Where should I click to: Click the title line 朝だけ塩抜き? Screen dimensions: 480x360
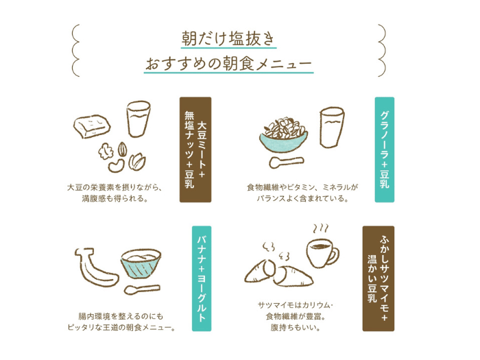click(228, 38)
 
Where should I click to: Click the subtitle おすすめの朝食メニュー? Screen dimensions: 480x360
click(228, 64)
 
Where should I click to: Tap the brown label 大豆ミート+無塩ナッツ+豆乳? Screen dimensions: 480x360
click(195, 149)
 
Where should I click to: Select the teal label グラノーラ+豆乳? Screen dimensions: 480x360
click(385, 149)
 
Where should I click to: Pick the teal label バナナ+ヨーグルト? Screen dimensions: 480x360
click(202, 278)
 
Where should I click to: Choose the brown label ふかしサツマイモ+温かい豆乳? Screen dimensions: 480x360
click(379, 278)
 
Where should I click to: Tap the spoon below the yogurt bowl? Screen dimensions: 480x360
click(142, 289)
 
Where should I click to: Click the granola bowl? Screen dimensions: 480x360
click(284, 134)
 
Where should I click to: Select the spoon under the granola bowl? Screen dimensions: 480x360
click(286, 162)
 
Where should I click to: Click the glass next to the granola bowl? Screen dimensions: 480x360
click(332, 127)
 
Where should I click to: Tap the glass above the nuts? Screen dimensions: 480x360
click(139, 118)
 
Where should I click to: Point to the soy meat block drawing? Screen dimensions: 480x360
click(92, 126)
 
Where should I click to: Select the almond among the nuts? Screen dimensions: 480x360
click(123, 149)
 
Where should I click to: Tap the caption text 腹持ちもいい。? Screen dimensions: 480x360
click(295, 328)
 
